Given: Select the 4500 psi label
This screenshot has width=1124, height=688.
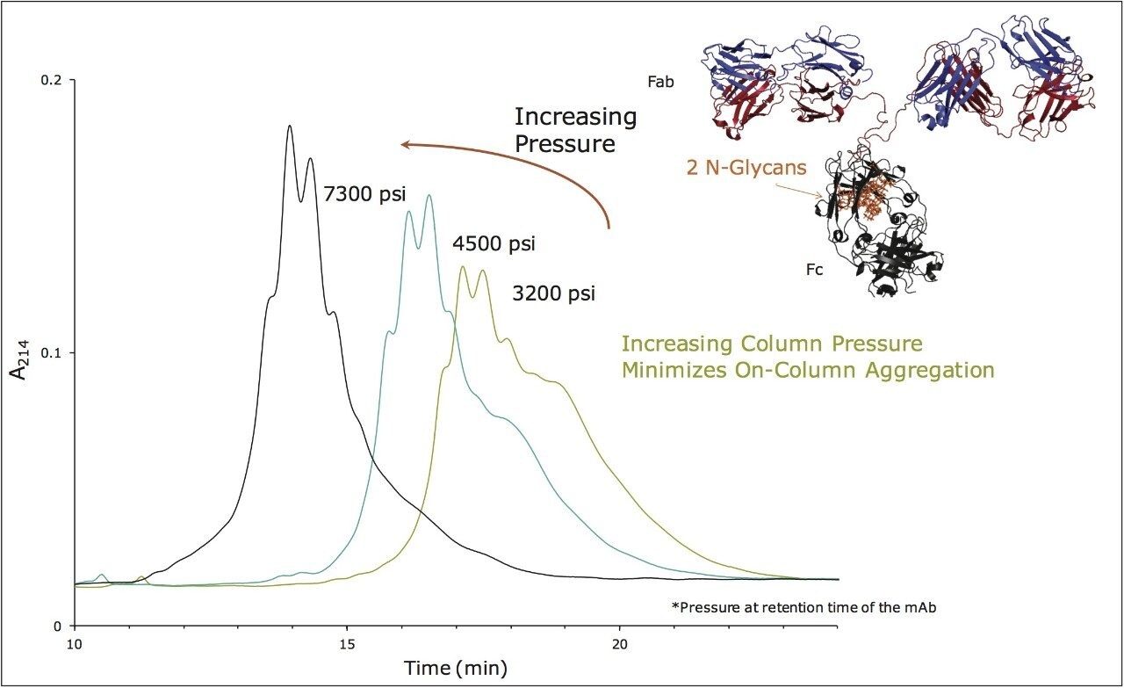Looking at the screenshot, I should pos(494,243).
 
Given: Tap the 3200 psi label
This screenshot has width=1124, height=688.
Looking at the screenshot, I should pos(553,293).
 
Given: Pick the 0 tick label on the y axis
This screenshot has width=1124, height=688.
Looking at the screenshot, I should pos(60,626).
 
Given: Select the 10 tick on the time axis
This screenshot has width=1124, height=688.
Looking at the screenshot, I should pos(75,643).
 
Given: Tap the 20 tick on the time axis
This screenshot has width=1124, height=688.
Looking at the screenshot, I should pos(620,643).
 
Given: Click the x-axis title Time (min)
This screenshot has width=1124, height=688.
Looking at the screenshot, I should pos(455,667).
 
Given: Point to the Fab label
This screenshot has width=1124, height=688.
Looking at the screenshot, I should pos(659,81).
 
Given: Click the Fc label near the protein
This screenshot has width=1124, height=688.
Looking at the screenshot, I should pos(814,270).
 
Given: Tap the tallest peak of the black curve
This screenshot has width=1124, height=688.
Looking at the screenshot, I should pos(289,127).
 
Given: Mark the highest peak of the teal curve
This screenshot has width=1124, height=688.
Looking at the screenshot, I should pos(429,196).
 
